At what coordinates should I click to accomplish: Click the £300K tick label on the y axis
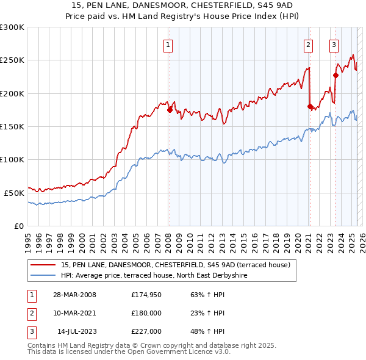click(x=12, y=27)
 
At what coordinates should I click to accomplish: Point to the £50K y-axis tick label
click(x=14, y=192)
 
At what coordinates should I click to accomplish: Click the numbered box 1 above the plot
click(x=167, y=44)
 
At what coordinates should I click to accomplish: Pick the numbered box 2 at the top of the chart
click(x=309, y=44)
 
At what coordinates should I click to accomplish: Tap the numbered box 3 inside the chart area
click(x=334, y=44)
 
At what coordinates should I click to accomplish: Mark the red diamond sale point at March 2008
click(x=170, y=110)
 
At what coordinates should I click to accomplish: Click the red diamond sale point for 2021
click(x=310, y=107)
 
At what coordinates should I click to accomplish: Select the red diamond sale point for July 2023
click(x=335, y=76)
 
